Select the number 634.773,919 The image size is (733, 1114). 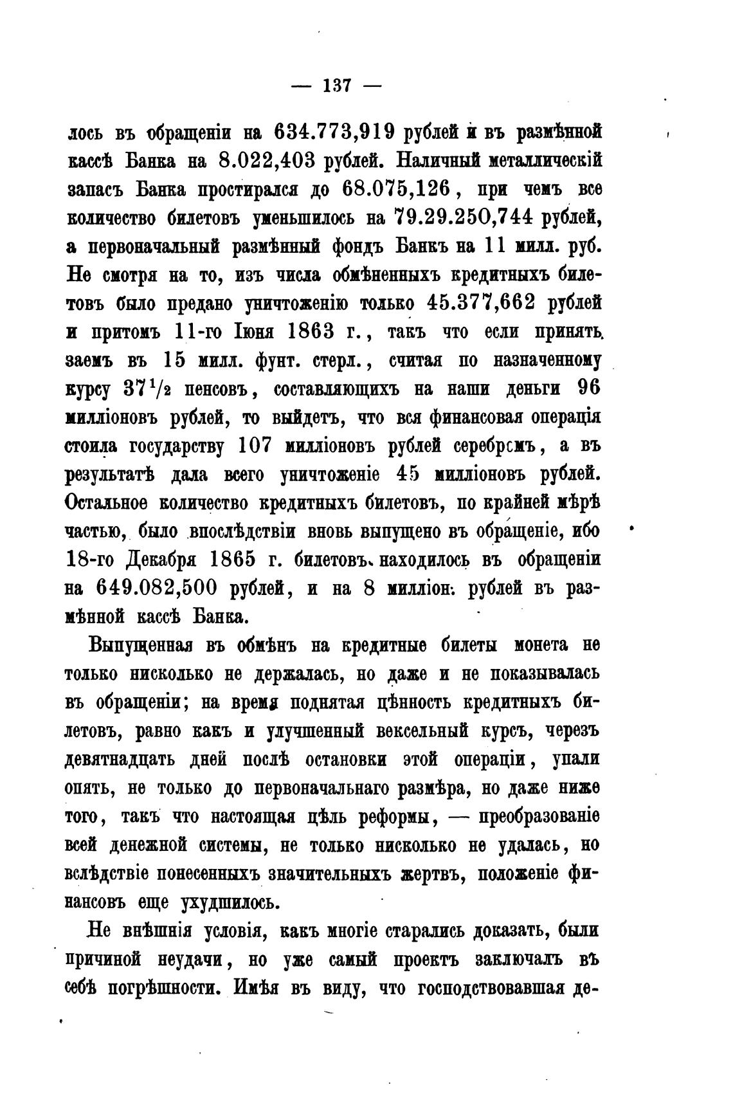334,132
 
